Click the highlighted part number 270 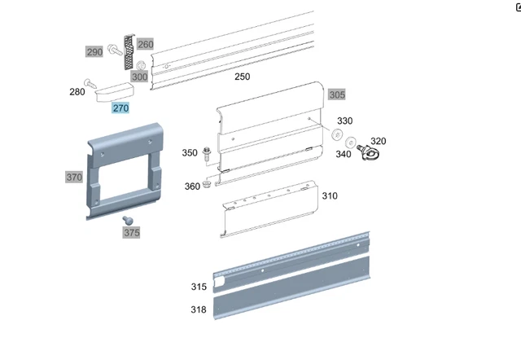click(x=120, y=108)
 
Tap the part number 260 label click(x=145, y=44)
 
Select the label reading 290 click(x=94, y=52)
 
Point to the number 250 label click(x=243, y=77)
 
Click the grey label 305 click(x=337, y=94)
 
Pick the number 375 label click(x=132, y=233)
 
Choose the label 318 click(x=199, y=310)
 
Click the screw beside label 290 click(x=115, y=50)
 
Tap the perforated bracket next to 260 click(x=129, y=52)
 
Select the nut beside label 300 click(x=141, y=65)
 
